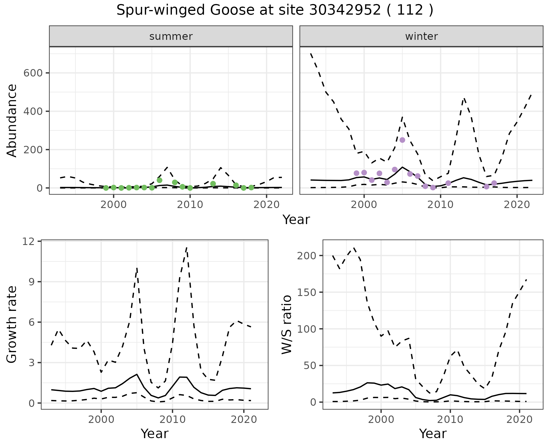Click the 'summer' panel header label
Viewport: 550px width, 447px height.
tap(171, 36)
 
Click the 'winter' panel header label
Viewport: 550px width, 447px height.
tap(421, 36)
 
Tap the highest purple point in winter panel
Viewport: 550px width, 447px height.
tap(402, 140)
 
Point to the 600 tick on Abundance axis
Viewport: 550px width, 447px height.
tap(32, 73)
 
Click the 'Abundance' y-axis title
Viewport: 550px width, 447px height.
tap(12, 120)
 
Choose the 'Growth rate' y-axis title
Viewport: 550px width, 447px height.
tap(12, 324)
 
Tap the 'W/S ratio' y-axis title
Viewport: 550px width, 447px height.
tap(286, 324)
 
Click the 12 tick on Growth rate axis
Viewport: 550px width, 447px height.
tap(28, 241)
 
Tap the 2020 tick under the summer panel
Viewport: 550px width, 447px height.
tap(266, 205)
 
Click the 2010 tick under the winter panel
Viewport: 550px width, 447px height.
tap(440, 205)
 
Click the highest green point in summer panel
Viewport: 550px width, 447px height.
tap(160, 180)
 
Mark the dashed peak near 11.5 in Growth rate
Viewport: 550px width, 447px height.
tap(186, 247)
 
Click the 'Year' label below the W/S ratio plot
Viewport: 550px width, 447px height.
tap(433, 434)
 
